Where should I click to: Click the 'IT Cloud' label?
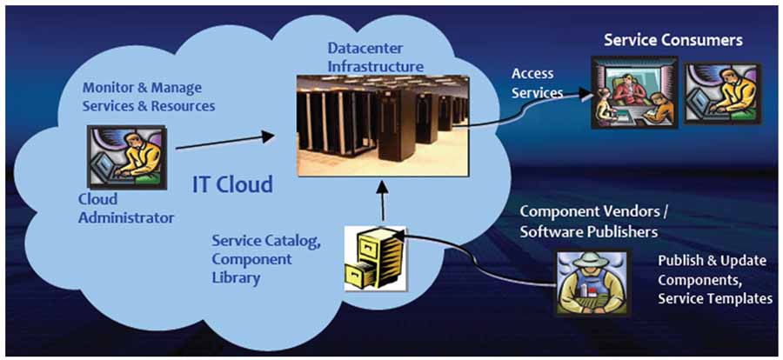click(232, 184)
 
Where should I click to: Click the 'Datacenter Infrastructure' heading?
click(376, 56)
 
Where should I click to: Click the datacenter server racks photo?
click(384, 123)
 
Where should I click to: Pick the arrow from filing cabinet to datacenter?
click(380, 200)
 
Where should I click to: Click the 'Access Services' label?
click(537, 83)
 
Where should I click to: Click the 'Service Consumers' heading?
click(673, 40)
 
